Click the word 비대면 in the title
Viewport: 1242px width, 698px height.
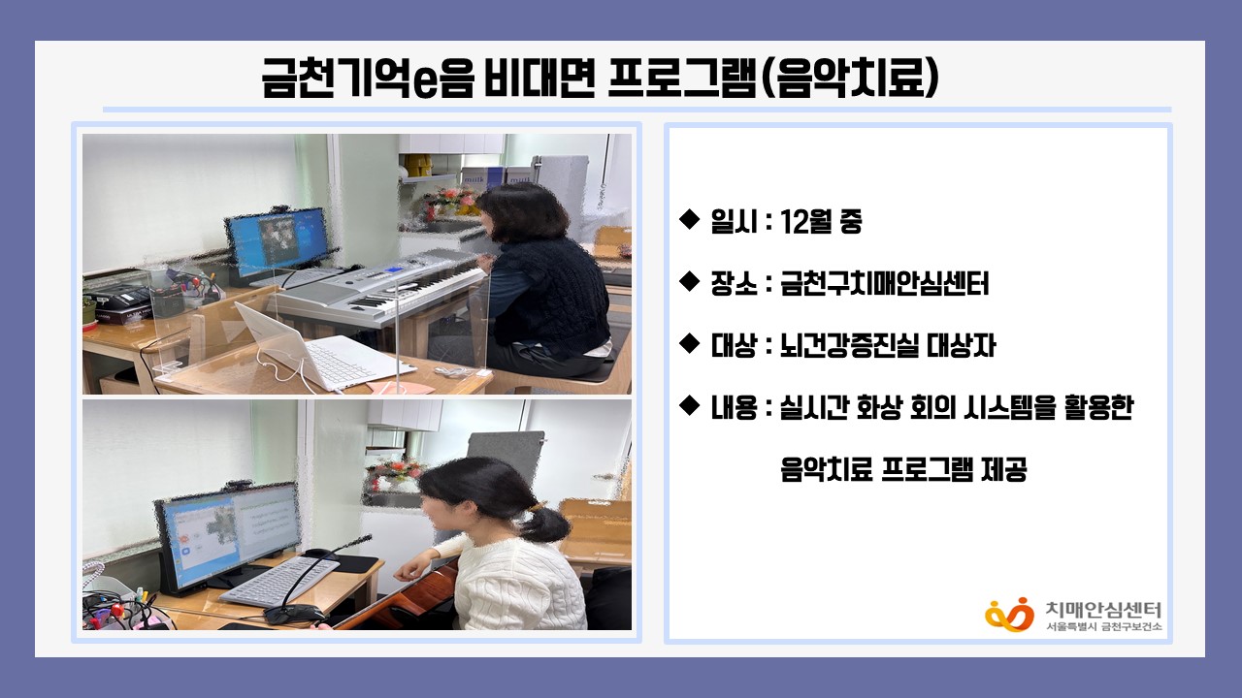[539, 78]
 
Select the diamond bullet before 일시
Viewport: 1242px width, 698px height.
[689, 219]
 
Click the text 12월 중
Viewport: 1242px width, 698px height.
[821, 222]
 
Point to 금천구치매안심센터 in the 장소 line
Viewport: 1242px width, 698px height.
[884, 284]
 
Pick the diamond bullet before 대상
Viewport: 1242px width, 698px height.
[689, 343]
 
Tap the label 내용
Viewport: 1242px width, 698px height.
[735, 408]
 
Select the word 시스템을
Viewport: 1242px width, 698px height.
[1009, 408]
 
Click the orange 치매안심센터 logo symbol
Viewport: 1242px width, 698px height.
[1010, 615]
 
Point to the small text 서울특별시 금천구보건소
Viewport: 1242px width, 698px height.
[1103, 626]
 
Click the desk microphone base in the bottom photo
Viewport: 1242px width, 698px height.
[294, 614]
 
